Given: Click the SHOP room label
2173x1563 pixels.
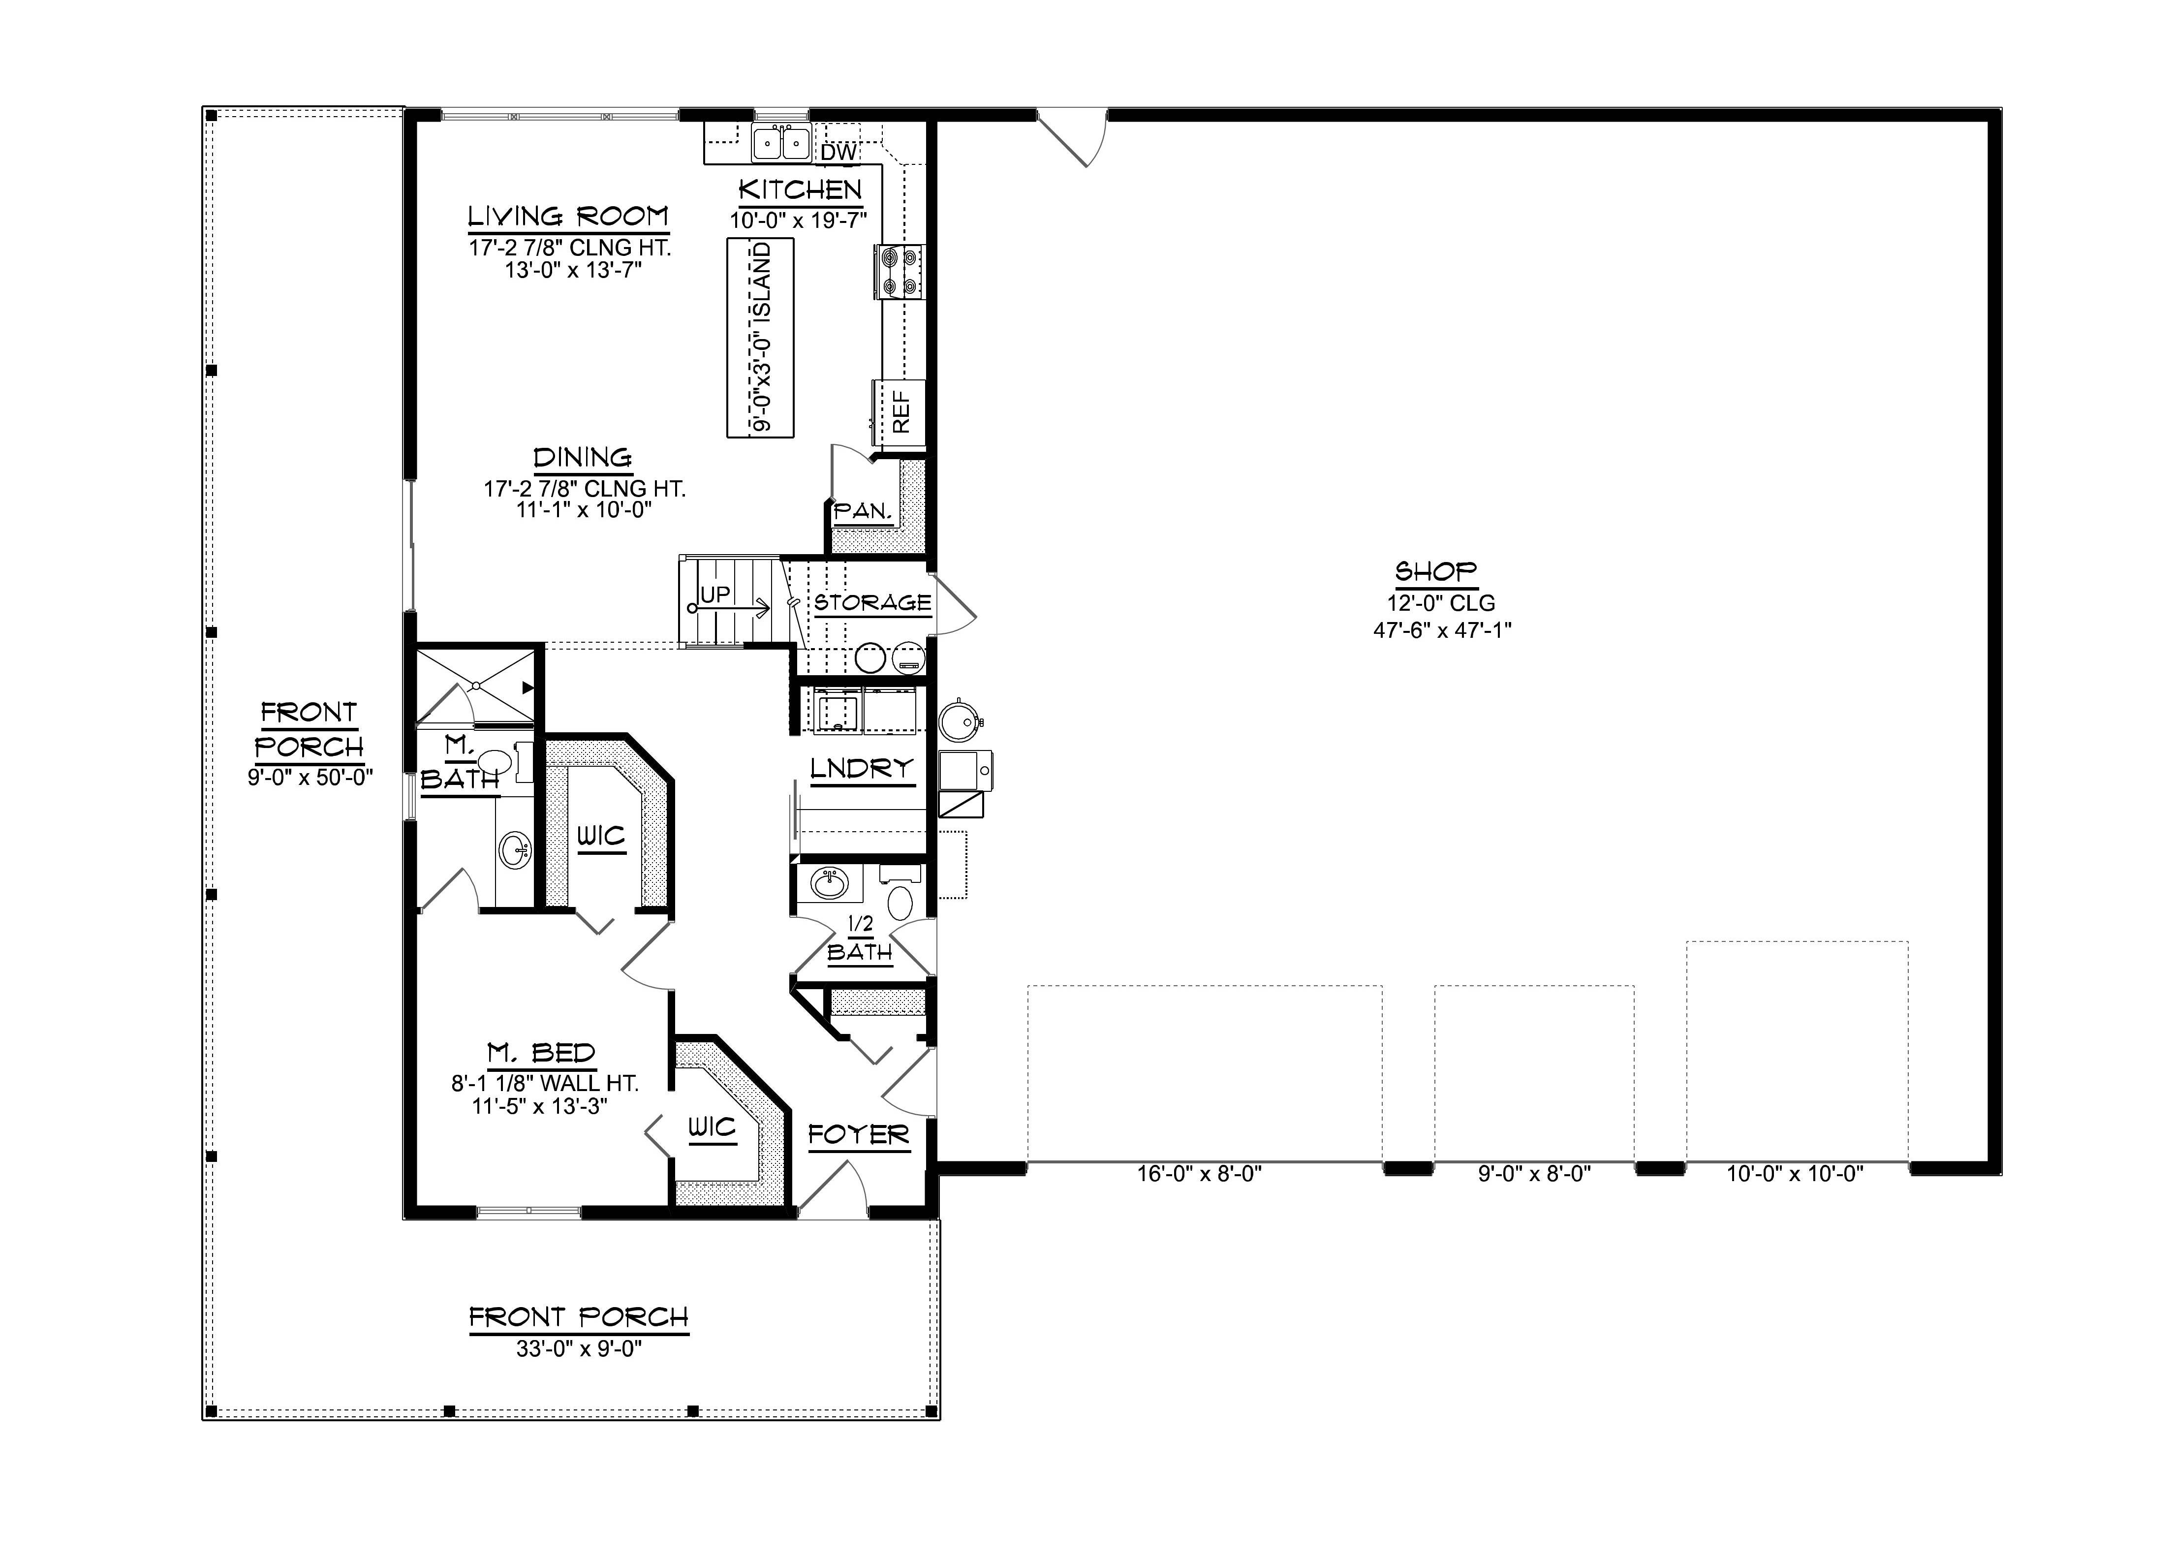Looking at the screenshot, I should pos(1435,572).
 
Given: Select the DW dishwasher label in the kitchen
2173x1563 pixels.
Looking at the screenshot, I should pos(838,152).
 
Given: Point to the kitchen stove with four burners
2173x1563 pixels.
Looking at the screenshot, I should pos(899,271).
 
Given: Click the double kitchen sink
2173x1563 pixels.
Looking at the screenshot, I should pos(781,143).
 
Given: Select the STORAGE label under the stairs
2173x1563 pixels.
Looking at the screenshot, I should pos(872,603).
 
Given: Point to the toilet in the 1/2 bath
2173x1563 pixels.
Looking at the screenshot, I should pos(900,902).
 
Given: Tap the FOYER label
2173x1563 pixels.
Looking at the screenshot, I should pos(859,1136).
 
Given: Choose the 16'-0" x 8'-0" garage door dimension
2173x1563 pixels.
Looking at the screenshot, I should pos(1200,1174).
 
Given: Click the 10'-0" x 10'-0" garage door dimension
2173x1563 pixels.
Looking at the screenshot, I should pos(1795,1174).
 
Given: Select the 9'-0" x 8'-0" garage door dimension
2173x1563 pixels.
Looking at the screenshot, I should pos(1534,1174).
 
